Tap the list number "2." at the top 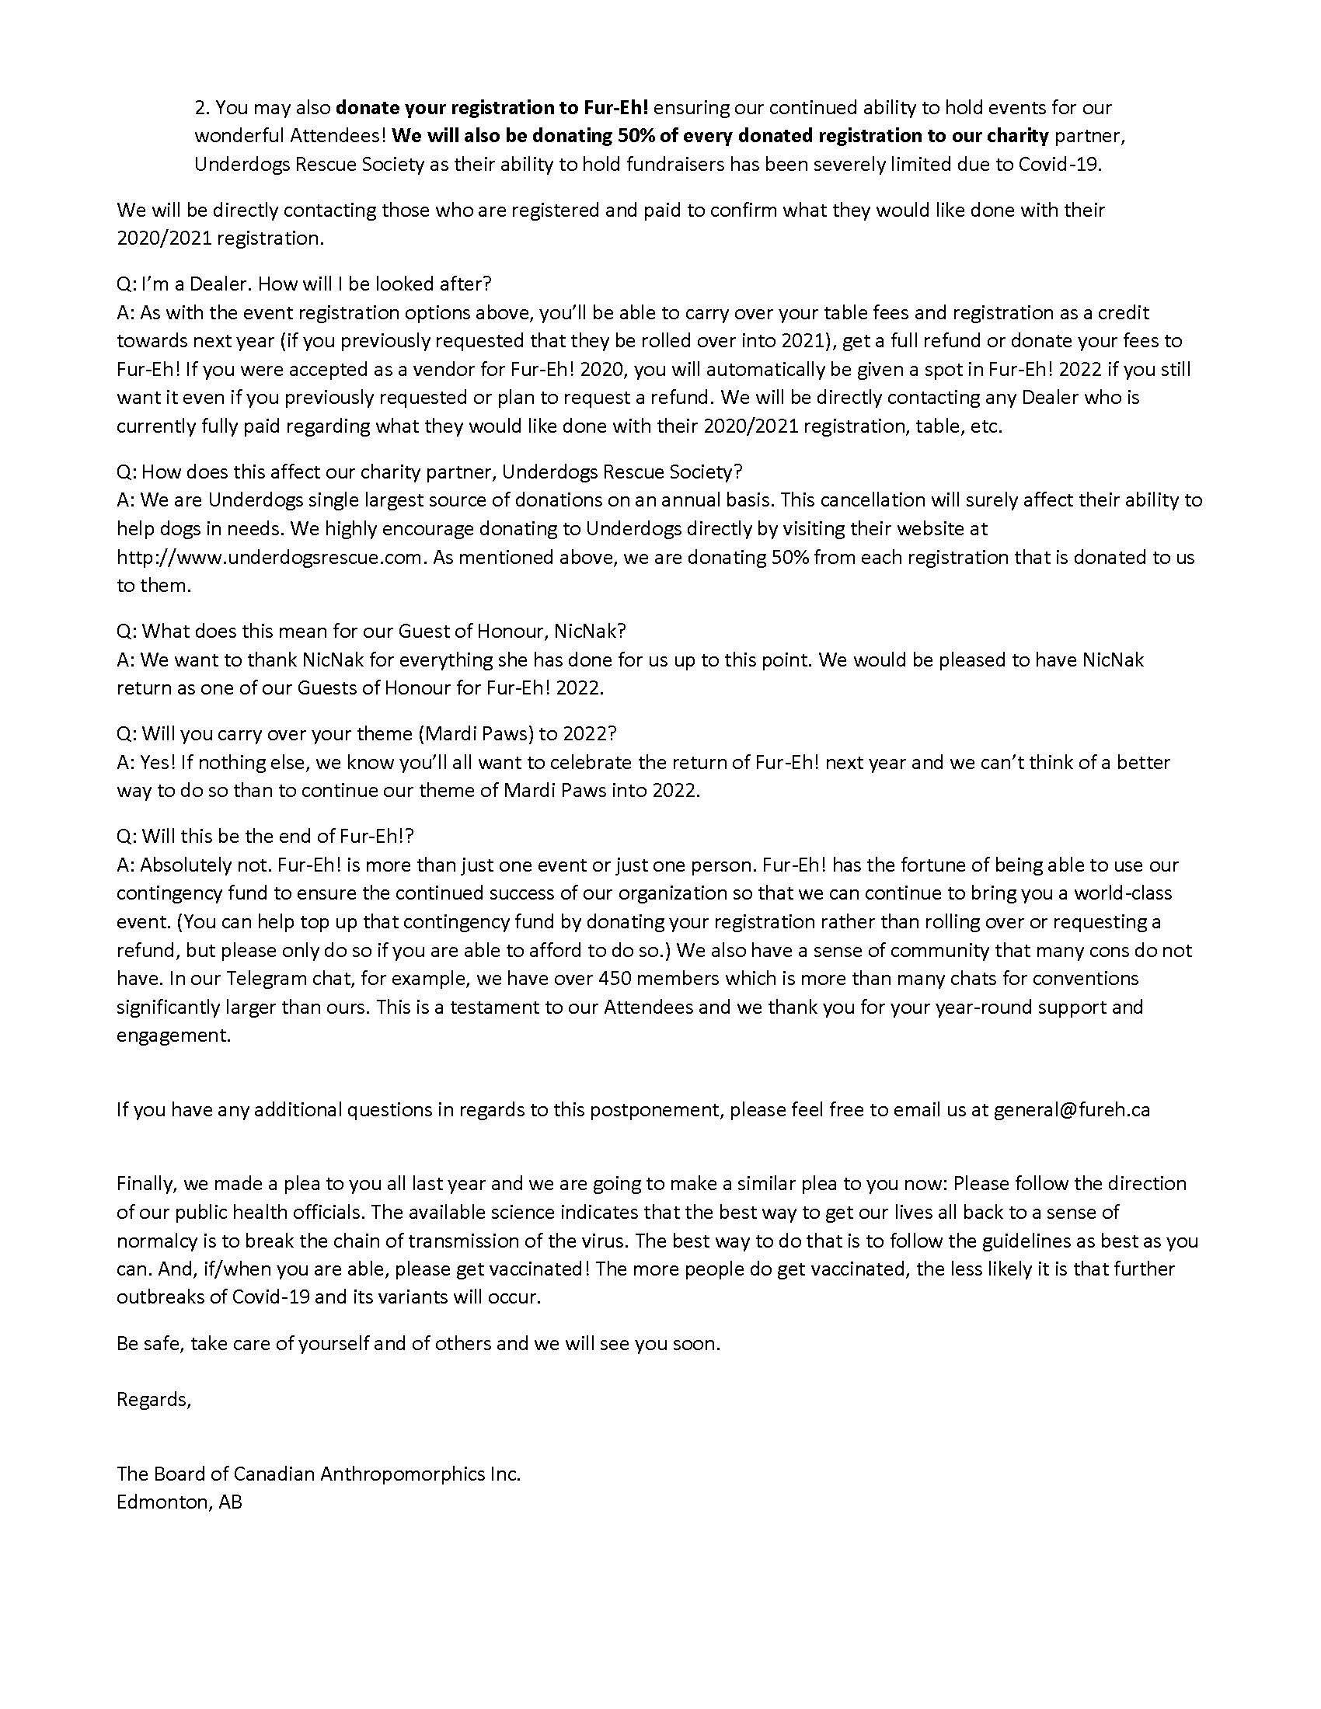click(202, 107)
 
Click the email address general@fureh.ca click(1072, 1109)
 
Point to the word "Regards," click(153, 1399)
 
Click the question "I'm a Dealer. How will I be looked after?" click(304, 283)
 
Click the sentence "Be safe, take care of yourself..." click(418, 1344)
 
